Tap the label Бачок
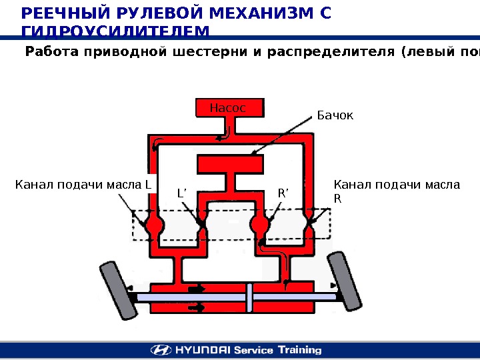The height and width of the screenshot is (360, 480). pos(335,116)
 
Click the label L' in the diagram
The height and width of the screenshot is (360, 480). pos(183,194)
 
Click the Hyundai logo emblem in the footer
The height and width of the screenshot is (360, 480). pos(159,350)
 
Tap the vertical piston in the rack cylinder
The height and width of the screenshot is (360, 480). pos(249,297)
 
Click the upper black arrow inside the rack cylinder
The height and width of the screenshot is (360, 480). pos(197,289)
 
